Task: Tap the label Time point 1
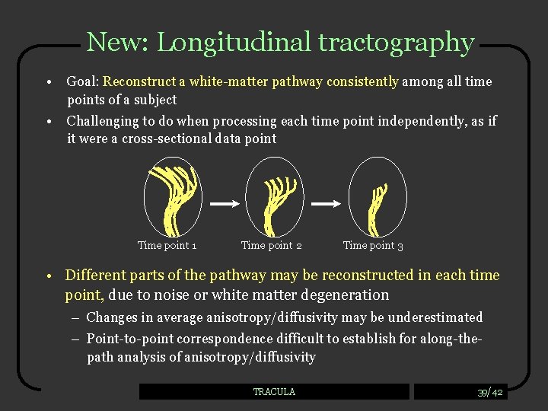167,245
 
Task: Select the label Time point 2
271,245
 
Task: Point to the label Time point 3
373,245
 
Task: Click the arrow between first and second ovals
225,204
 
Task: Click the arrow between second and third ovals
327,204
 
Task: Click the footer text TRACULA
274,392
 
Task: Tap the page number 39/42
489,392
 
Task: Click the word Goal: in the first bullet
83,81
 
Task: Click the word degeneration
346,295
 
